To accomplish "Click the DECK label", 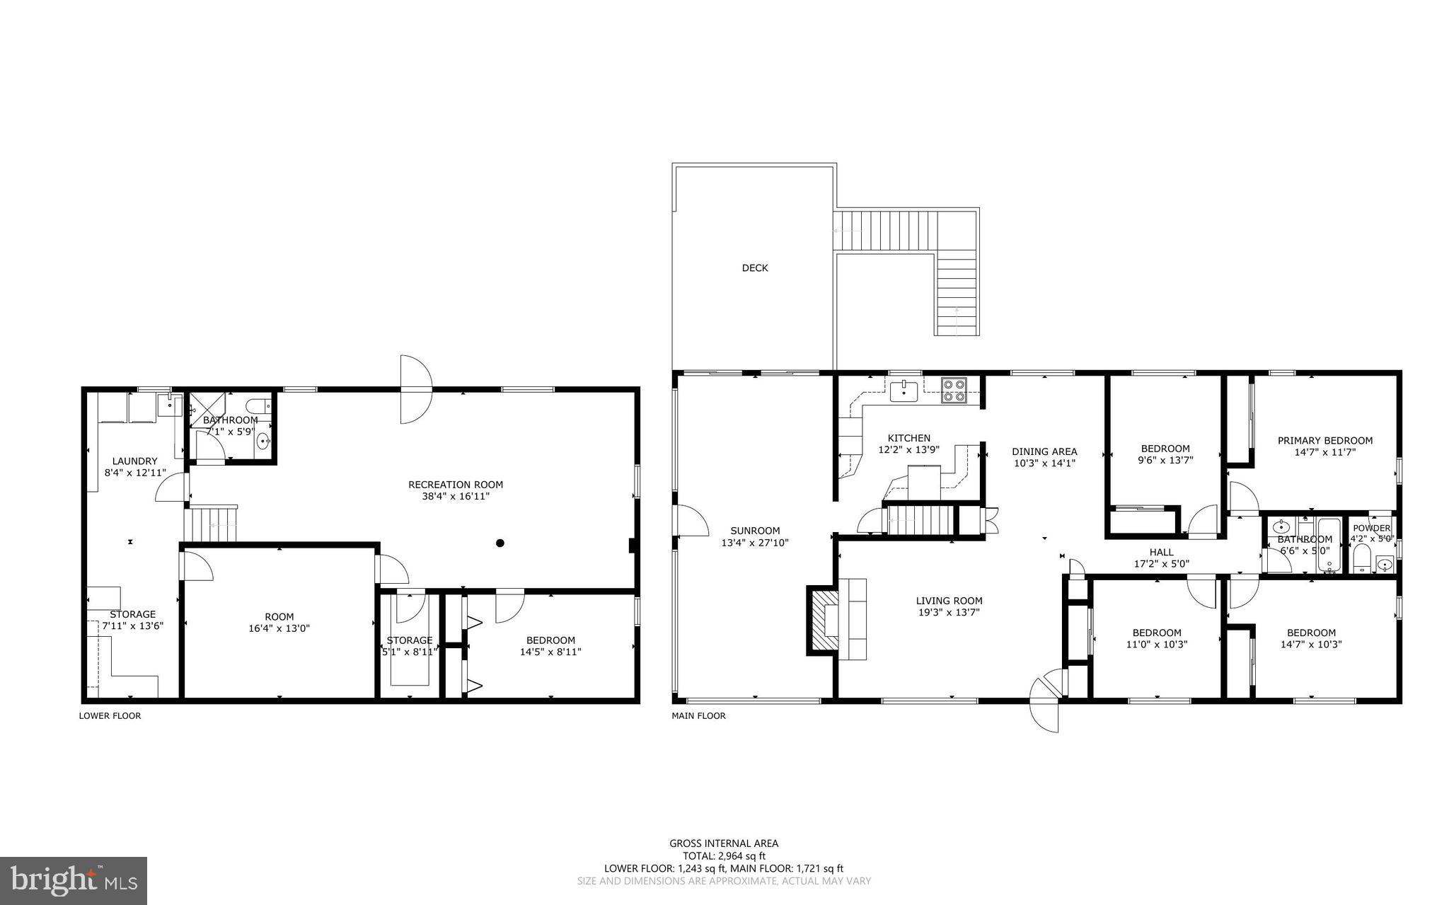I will [754, 268].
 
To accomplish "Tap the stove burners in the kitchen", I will [953, 391].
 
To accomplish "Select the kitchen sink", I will [904, 391].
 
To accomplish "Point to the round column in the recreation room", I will [500, 543].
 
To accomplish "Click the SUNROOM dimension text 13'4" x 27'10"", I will [755, 543].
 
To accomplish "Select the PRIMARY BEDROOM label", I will [1324, 440].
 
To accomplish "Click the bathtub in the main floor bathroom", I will [1329, 546].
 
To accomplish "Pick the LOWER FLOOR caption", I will [110, 716].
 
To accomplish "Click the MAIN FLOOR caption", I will [698, 716].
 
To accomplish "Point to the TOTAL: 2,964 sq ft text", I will [724, 855].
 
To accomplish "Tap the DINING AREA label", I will [1044, 451].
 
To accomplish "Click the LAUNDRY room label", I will [134, 461].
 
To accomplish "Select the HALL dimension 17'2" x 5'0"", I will [1161, 564].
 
